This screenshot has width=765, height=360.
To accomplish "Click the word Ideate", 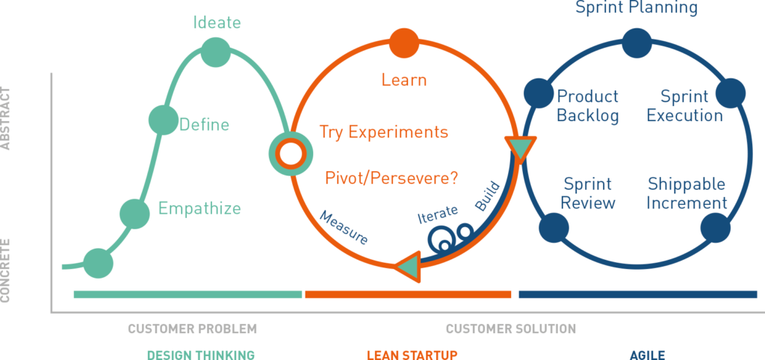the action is pyautogui.click(x=217, y=22).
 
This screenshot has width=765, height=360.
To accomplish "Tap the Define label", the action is pyautogui.click(x=205, y=125).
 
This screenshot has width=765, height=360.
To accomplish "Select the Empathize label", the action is pyautogui.click(x=199, y=208).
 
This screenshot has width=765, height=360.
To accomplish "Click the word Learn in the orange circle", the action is pyautogui.click(x=404, y=79).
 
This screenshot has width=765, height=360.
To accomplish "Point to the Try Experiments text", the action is pyautogui.click(x=384, y=131).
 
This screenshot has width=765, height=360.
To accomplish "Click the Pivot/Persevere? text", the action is pyautogui.click(x=391, y=177).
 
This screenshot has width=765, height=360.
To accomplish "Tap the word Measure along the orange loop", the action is pyautogui.click(x=344, y=228).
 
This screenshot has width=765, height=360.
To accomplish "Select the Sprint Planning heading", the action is pyautogui.click(x=637, y=7).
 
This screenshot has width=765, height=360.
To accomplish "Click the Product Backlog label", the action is pyautogui.click(x=588, y=106).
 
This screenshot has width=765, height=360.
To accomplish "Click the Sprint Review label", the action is pyautogui.click(x=588, y=193).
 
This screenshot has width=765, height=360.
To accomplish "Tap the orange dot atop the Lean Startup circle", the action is pyautogui.click(x=404, y=43).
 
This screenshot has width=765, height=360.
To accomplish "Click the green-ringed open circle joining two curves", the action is pyautogui.click(x=291, y=154).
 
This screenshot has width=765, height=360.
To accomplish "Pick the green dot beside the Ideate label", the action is pyautogui.click(x=216, y=52).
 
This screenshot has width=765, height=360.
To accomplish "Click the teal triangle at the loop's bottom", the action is pyautogui.click(x=408, y=267).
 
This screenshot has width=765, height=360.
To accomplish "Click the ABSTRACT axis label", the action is pyautogui.click(x=5, y=118).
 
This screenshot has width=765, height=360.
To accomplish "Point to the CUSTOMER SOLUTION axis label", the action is pyautogui.click(x=511, y=329).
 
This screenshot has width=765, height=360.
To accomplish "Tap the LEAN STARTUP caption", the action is pyautogui.click(x=412, y=355).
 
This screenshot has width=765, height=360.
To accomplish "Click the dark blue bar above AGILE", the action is pyautogui.click(x=638, y=294).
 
